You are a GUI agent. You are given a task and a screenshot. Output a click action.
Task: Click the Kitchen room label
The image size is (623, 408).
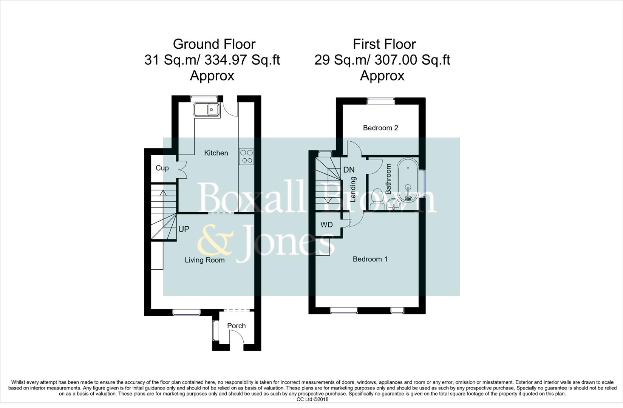pyautogui.click(x=216, y=153)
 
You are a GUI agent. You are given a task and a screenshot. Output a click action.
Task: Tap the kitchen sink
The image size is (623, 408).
pyautogui.click(x=207, y=110)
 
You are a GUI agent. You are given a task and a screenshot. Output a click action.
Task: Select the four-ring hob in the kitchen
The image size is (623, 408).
pyautogui.click(x=247, y=156)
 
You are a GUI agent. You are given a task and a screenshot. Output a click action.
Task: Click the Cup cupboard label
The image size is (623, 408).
pyautogui.click(x=162, y=168)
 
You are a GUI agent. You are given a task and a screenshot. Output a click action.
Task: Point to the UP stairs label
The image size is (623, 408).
pyautogui.click(x=184, y=229)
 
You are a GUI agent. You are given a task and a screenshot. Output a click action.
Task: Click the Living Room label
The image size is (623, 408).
pyautogui.click(x=204, y=260)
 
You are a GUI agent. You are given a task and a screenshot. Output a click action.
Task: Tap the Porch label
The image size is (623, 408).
pyautogui.click(x=236, y=326)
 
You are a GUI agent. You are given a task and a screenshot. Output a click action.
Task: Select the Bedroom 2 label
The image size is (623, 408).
pyautogui.click(x=380, y=128)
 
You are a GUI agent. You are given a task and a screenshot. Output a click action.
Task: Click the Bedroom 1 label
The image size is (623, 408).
pyautogui.click(x=370, y=259)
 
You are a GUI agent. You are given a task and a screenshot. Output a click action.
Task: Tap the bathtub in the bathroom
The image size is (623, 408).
pyautogui.click(x=408, y=177)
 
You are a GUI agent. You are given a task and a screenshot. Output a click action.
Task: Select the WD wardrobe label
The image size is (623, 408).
pyautogui.click(x=326, y=225)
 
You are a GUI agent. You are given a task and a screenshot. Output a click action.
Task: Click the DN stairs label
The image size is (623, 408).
pyautogui.click(x=348, y=170)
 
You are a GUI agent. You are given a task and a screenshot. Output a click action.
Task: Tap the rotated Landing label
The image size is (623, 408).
pyautogui.click(x=353, y=189)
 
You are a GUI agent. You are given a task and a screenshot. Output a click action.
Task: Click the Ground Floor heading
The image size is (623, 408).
pyautogui.click(x=214, y=44)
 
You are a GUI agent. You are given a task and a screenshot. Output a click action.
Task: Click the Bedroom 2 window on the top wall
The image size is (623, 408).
pyautogui.click(x=380, y=101)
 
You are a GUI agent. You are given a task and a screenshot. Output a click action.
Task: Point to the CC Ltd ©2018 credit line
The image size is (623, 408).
pyautogui.click(x=312, y=399)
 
